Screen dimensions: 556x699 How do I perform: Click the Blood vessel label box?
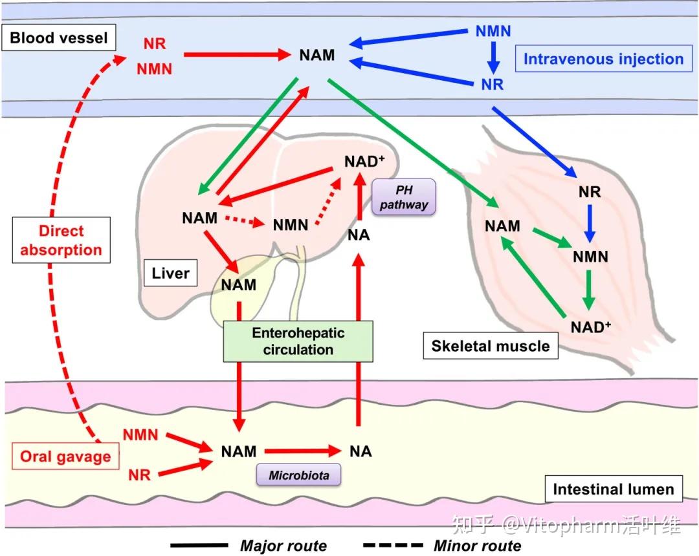point(58,39)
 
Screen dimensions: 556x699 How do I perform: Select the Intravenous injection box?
point(603,59)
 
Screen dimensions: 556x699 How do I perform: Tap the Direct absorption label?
point(61,241)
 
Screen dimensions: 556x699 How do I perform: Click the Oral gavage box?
point(65,456)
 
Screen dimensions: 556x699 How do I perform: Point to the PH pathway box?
point(405,197)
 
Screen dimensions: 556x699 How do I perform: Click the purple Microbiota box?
point(299,476)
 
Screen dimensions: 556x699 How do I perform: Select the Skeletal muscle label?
point(490,346)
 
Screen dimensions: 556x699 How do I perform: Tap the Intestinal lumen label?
point(613,489)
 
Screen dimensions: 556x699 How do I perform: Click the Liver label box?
point(170,273)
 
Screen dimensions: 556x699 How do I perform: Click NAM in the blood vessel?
point(317,55)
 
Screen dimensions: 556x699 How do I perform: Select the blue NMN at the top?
point(493,30)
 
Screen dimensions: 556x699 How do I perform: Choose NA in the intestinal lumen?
point(360,451)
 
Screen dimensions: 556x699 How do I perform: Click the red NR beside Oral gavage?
point(139,475)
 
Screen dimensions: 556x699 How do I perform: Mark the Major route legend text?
point(283,546)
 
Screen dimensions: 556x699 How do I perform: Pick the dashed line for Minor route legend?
point(392,546)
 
